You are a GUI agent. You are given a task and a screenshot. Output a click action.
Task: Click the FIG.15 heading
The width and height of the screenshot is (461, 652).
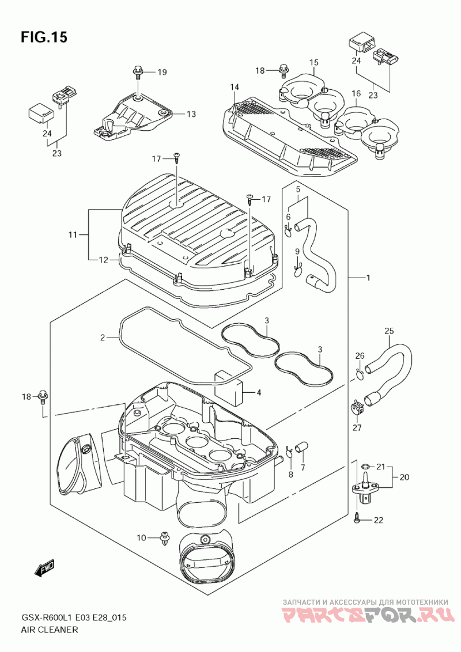click(44, 37)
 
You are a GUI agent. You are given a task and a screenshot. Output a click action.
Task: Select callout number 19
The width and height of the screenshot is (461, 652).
click(163, 73)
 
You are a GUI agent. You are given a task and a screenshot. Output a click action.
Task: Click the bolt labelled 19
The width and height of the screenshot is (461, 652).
click(138, 72)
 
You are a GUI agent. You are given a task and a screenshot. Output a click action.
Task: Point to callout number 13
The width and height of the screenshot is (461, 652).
click(191, 114)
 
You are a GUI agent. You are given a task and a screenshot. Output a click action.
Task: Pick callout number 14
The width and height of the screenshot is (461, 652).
click(235, 87)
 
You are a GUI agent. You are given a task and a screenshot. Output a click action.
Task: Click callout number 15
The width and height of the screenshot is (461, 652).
click(313, 62)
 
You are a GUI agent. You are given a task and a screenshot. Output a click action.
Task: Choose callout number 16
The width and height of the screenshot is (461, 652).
click(356, 93)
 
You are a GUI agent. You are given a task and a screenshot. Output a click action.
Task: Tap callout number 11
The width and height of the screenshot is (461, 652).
click(73, 235)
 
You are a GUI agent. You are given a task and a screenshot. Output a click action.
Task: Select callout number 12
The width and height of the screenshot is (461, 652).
click(104, 260)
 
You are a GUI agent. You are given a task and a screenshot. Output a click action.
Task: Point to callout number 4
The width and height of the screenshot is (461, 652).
click(258, 392)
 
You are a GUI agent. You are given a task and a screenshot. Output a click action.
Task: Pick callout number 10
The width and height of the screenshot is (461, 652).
click(141, 537)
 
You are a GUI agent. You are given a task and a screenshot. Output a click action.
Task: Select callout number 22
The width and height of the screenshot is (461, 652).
click(378, 520)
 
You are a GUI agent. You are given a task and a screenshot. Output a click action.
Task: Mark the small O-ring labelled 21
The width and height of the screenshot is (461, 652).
click(365, 467)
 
